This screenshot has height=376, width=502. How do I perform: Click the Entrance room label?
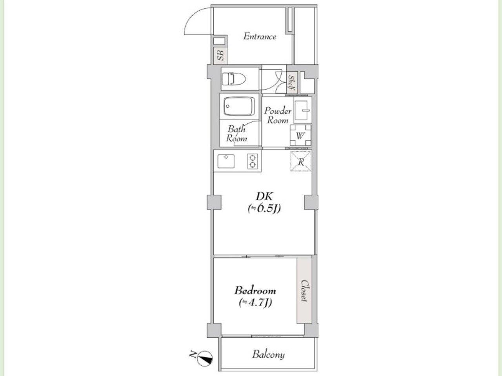pos(260,36)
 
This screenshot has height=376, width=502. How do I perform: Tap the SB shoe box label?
pos(221,56)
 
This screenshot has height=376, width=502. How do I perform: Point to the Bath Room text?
pos(236,134)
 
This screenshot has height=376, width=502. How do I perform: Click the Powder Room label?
pos(278,116)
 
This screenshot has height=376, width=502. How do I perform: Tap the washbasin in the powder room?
pos(302,110)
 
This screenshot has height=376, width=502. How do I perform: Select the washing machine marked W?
pos(300,135)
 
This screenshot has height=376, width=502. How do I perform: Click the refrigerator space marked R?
pos(301,161)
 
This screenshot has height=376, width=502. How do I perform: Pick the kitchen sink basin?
pos(226,161)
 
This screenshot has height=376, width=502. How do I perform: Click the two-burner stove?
pos(253,161)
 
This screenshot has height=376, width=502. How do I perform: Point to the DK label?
pos(265,196)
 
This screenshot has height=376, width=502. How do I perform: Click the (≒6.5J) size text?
pos(264,209)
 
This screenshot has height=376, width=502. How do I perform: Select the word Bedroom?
pos(255,291)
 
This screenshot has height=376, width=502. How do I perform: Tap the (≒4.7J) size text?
pos(255,303)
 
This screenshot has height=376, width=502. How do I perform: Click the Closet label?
pos(304,291)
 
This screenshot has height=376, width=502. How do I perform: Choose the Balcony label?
pos(269,354)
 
